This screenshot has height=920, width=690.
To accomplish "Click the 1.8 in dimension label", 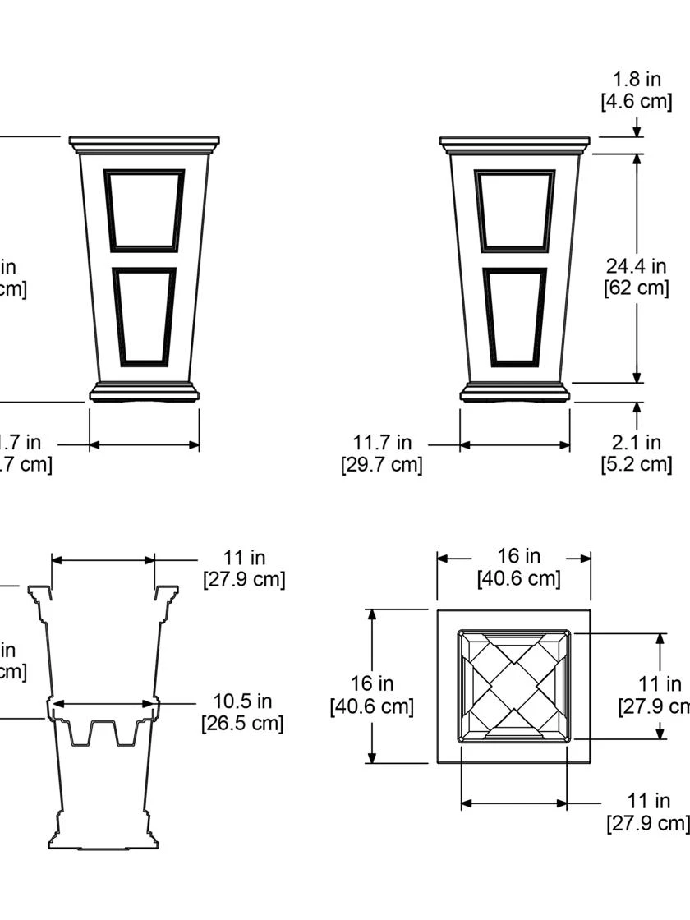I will coord(637,80).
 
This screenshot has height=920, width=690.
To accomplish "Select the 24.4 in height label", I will coord(637,266).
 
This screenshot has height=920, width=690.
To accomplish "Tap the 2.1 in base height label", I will coord(637,443).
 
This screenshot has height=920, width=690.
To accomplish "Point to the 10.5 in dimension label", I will coord(242,701).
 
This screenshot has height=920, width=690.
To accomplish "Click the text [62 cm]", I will coord(637,288).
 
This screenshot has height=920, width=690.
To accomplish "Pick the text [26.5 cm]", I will coord(242,724).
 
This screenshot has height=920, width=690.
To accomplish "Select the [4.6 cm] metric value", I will coord(637,102).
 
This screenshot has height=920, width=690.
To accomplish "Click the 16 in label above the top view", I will coord(518,556).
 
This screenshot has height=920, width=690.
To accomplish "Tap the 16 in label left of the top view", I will coord(371,683).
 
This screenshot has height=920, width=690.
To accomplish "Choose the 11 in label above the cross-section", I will coord(244,559).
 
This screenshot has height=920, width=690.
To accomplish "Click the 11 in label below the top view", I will coord(648,801).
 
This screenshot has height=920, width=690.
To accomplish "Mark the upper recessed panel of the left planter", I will coord(144,210).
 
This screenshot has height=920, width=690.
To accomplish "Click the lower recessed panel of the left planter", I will coord(144,316).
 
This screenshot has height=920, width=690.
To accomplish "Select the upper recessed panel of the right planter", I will coord(514,210).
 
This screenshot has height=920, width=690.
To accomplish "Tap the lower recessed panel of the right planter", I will coord(514,316).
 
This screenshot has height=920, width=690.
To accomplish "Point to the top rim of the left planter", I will coord(144,144).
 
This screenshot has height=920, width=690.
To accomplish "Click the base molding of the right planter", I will coord(514,393).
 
